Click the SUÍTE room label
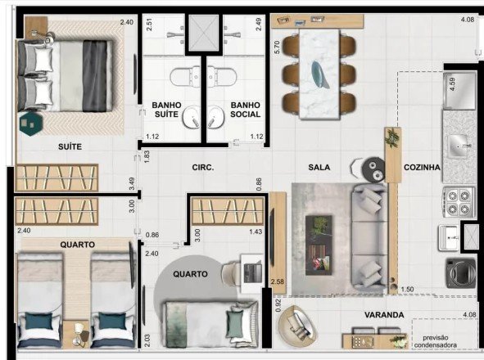[x=70, y=146]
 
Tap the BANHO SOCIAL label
[x=246, y=110]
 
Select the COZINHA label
[x=422, y=167]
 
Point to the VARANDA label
[x=384, y=315]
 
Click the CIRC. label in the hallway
[x=203, y=168]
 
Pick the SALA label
[x=319, y=167]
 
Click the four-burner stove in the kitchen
[x=459, y=201]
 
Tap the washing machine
[x=459, y=272]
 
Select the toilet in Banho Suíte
[x=184, y=77]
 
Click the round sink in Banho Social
[x=215, y=117]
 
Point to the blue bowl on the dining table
[x=320, y=74]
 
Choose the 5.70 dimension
[x=277, y=47]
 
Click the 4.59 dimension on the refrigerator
[x=453, y=84]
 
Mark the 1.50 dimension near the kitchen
[x=408, y=290]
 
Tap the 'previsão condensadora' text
[x=435, y=341]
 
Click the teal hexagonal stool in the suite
[x=30, y=124]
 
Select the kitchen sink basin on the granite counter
[x=458, y=146]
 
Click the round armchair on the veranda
[x=297, y=326]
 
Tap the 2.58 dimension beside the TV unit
[x=277, y=281]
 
